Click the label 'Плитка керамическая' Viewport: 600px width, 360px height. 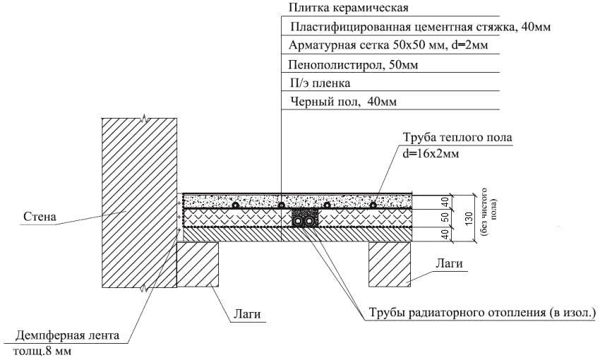[339, 8]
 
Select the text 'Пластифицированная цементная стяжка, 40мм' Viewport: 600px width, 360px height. [420, 28]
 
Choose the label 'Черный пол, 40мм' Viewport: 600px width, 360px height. [343, 102]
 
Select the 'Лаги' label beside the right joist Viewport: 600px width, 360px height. [448, 264]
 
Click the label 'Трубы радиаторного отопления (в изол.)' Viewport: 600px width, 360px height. [484, 312]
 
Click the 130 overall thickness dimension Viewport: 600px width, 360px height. [469, 219]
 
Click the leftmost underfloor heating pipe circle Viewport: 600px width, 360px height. [235, 205]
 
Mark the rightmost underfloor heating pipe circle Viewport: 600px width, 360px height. [373, 205]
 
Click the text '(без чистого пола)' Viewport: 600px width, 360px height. [487, 215]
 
